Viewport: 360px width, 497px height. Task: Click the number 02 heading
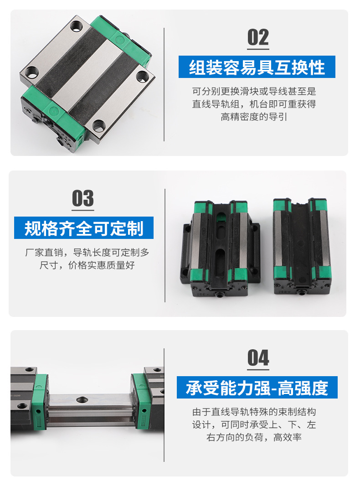pyautogui.click(x=258, y=38)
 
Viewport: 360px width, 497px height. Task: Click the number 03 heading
pyautogui.click(x=83, y=199)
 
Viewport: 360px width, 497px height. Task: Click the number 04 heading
pyautogui.click(x=258, y=358)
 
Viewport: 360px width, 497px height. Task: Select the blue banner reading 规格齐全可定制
pyautogui.click(x=83, y=228)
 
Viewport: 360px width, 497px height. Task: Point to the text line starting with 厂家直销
pyautogui.click(x=87, y=252)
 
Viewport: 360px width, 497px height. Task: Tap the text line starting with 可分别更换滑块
pyautogui.click(x=254, y=92)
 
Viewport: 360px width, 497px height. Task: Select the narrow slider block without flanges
pyautogui.click(x=301, y=245)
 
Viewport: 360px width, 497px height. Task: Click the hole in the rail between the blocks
pyautogui.click(x=82, y=399)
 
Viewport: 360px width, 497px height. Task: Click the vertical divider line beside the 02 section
pyautogui.click(x=164, y=84)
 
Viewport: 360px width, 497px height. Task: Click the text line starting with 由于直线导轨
pyautogui.click(x=254, y=412)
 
